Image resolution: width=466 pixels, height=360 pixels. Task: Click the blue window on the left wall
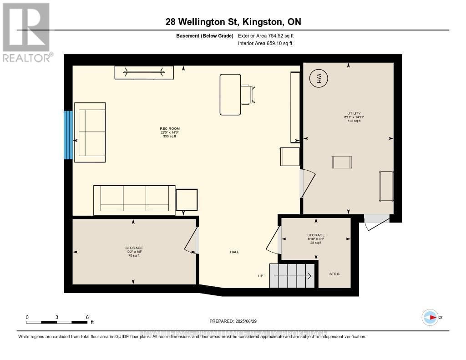point(68,135)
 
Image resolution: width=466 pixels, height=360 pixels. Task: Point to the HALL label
point(234,252)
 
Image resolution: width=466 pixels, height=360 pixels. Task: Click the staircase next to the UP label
point(292,275)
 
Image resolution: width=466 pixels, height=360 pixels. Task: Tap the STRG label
point(334,274)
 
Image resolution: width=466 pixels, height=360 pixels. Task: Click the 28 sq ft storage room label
point(316,239)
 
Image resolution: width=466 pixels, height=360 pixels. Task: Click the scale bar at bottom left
point(57,322)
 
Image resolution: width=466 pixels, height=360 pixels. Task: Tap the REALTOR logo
point(26,32)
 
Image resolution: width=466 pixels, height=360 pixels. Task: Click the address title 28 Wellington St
point(233,22)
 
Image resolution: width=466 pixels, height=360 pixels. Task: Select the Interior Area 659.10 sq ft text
point(265,44)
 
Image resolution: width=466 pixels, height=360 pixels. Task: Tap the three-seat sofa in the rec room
point(134,200)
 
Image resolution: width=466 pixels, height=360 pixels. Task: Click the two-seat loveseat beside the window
point(90,132)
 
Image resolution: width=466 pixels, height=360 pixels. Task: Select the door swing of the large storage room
point(192,239)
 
